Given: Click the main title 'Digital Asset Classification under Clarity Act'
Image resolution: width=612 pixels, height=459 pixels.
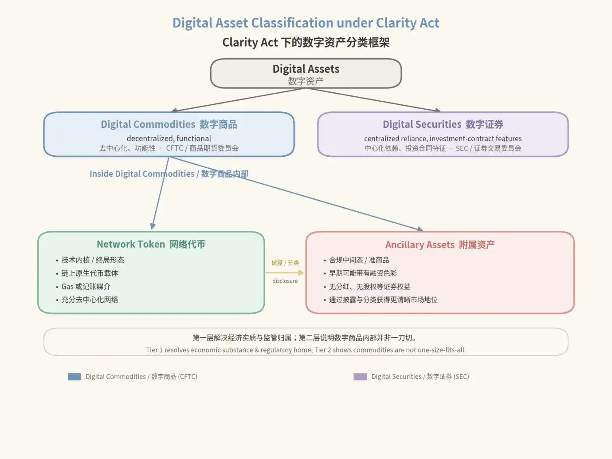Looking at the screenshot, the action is [306, 23].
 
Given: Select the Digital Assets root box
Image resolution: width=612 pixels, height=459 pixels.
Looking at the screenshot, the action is [306, 73].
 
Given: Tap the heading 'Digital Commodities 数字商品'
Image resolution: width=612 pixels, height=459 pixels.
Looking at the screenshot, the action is [169, 124].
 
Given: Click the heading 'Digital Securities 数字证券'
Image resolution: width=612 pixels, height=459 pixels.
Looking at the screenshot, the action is [443, 124].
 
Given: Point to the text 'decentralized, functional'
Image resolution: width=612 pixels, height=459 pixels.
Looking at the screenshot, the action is [169, 138].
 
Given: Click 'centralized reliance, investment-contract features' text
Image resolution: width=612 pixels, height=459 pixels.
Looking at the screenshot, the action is [443, 138].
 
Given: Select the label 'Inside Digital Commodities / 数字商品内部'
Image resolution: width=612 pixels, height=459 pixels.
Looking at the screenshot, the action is [169, 174].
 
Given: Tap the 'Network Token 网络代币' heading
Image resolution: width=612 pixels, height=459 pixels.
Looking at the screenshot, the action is [151, 244].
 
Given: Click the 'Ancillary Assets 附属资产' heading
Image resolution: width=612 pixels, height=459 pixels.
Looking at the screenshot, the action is [440, 245].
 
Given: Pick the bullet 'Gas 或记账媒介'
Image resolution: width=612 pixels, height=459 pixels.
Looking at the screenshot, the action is [86, 287].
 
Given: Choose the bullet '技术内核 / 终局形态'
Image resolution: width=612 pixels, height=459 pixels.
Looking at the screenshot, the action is [93, 260].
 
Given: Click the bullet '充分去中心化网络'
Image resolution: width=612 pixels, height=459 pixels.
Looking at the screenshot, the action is [90, 300].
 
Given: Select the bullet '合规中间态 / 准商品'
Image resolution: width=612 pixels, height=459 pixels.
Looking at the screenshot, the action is [359, 260].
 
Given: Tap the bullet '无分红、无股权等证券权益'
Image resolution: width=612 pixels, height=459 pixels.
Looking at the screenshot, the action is [370, 287].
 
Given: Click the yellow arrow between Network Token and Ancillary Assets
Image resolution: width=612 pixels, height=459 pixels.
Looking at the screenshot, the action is [285, 273].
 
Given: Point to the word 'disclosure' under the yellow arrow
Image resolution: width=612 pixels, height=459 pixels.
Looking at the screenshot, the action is [285, 281].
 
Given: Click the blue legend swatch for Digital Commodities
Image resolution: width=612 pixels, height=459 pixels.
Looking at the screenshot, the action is [74, 377].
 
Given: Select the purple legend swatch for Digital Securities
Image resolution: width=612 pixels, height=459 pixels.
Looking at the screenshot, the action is [360, 377].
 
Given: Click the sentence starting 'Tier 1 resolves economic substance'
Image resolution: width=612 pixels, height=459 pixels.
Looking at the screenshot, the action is [306, 350].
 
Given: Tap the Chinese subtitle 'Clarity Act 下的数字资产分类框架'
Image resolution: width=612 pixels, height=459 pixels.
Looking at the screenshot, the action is [306, 43].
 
